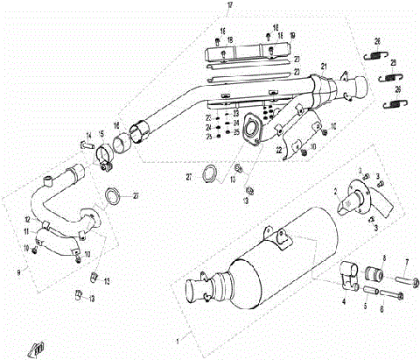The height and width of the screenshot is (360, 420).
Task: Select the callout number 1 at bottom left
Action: tap(178, 337)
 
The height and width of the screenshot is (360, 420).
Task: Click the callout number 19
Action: tap(293, 35)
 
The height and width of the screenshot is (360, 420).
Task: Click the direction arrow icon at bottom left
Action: tap(35, 348)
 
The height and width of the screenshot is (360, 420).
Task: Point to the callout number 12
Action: tap(27, 220)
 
